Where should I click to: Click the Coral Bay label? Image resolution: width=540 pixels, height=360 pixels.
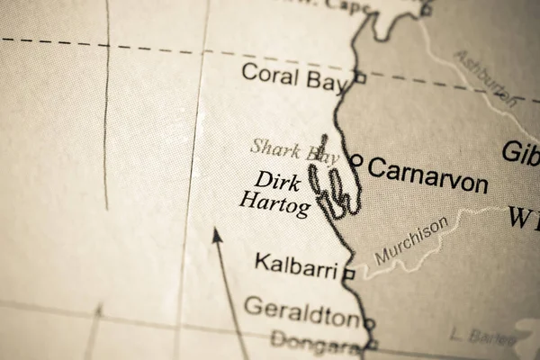coord(293,76)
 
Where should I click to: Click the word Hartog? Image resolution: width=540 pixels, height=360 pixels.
coord(274,204)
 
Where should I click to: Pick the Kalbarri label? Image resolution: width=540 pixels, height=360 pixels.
coord(295,265)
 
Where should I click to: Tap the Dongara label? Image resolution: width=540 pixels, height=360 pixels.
coord(315,340)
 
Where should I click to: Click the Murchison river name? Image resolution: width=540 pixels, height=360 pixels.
coord(411,241)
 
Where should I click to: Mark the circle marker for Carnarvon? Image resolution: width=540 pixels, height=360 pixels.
coord(356,161)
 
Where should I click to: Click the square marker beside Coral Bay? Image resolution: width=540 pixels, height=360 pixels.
coord(360,78)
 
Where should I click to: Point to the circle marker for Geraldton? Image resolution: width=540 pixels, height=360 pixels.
coord(368,322)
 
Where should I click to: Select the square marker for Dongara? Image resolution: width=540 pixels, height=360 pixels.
coord(372,344)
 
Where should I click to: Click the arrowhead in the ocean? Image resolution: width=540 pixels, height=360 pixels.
coord(215,236)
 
